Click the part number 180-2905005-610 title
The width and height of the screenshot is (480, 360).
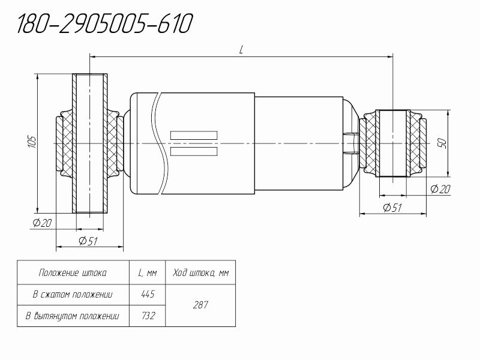click(104, 23)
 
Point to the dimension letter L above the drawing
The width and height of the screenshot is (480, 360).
click(241, 50)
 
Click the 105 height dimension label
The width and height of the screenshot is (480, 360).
click(32, 142)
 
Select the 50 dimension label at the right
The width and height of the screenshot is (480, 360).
click(443, 143)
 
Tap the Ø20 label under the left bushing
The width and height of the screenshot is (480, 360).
click(42, 223)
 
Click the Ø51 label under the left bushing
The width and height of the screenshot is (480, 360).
click(88, 241)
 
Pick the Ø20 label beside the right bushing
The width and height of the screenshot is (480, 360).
click(440, 189)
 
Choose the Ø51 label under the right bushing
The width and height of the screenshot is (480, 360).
click(392, 208)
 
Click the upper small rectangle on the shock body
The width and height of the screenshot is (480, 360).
click(194, 136)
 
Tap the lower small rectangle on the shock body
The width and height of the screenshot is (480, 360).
click(194, 151)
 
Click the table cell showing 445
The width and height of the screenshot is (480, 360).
click(148, 295)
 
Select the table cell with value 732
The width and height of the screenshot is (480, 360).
click(148, 316)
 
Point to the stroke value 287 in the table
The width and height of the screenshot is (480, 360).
click(200, 305)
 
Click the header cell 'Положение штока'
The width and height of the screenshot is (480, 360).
click(73, 272)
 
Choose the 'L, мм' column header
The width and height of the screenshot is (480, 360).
click(148, 272)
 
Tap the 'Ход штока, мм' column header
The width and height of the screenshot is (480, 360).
click(200, 272)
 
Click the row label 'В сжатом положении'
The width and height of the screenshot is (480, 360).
click(73, 295)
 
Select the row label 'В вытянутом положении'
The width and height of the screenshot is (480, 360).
click(72, 316)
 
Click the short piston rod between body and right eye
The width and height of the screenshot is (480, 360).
click(352, 143)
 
